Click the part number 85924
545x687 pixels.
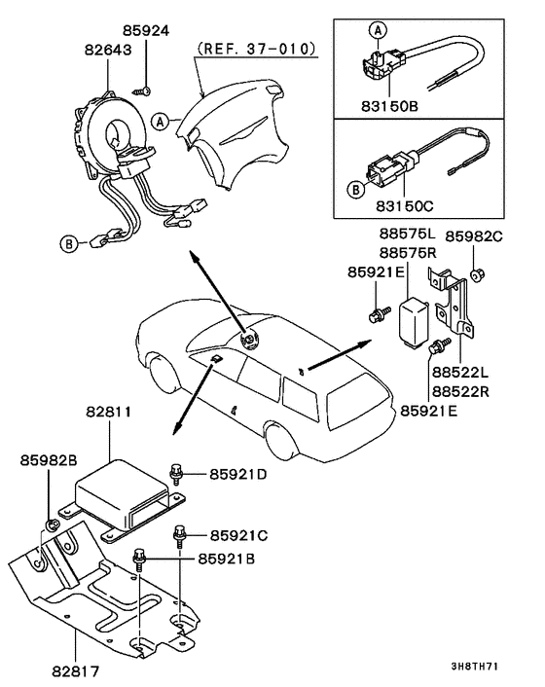pyautogui.click(x=146, y=30)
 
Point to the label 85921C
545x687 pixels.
pyautogui.click(x=236, y=535)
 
